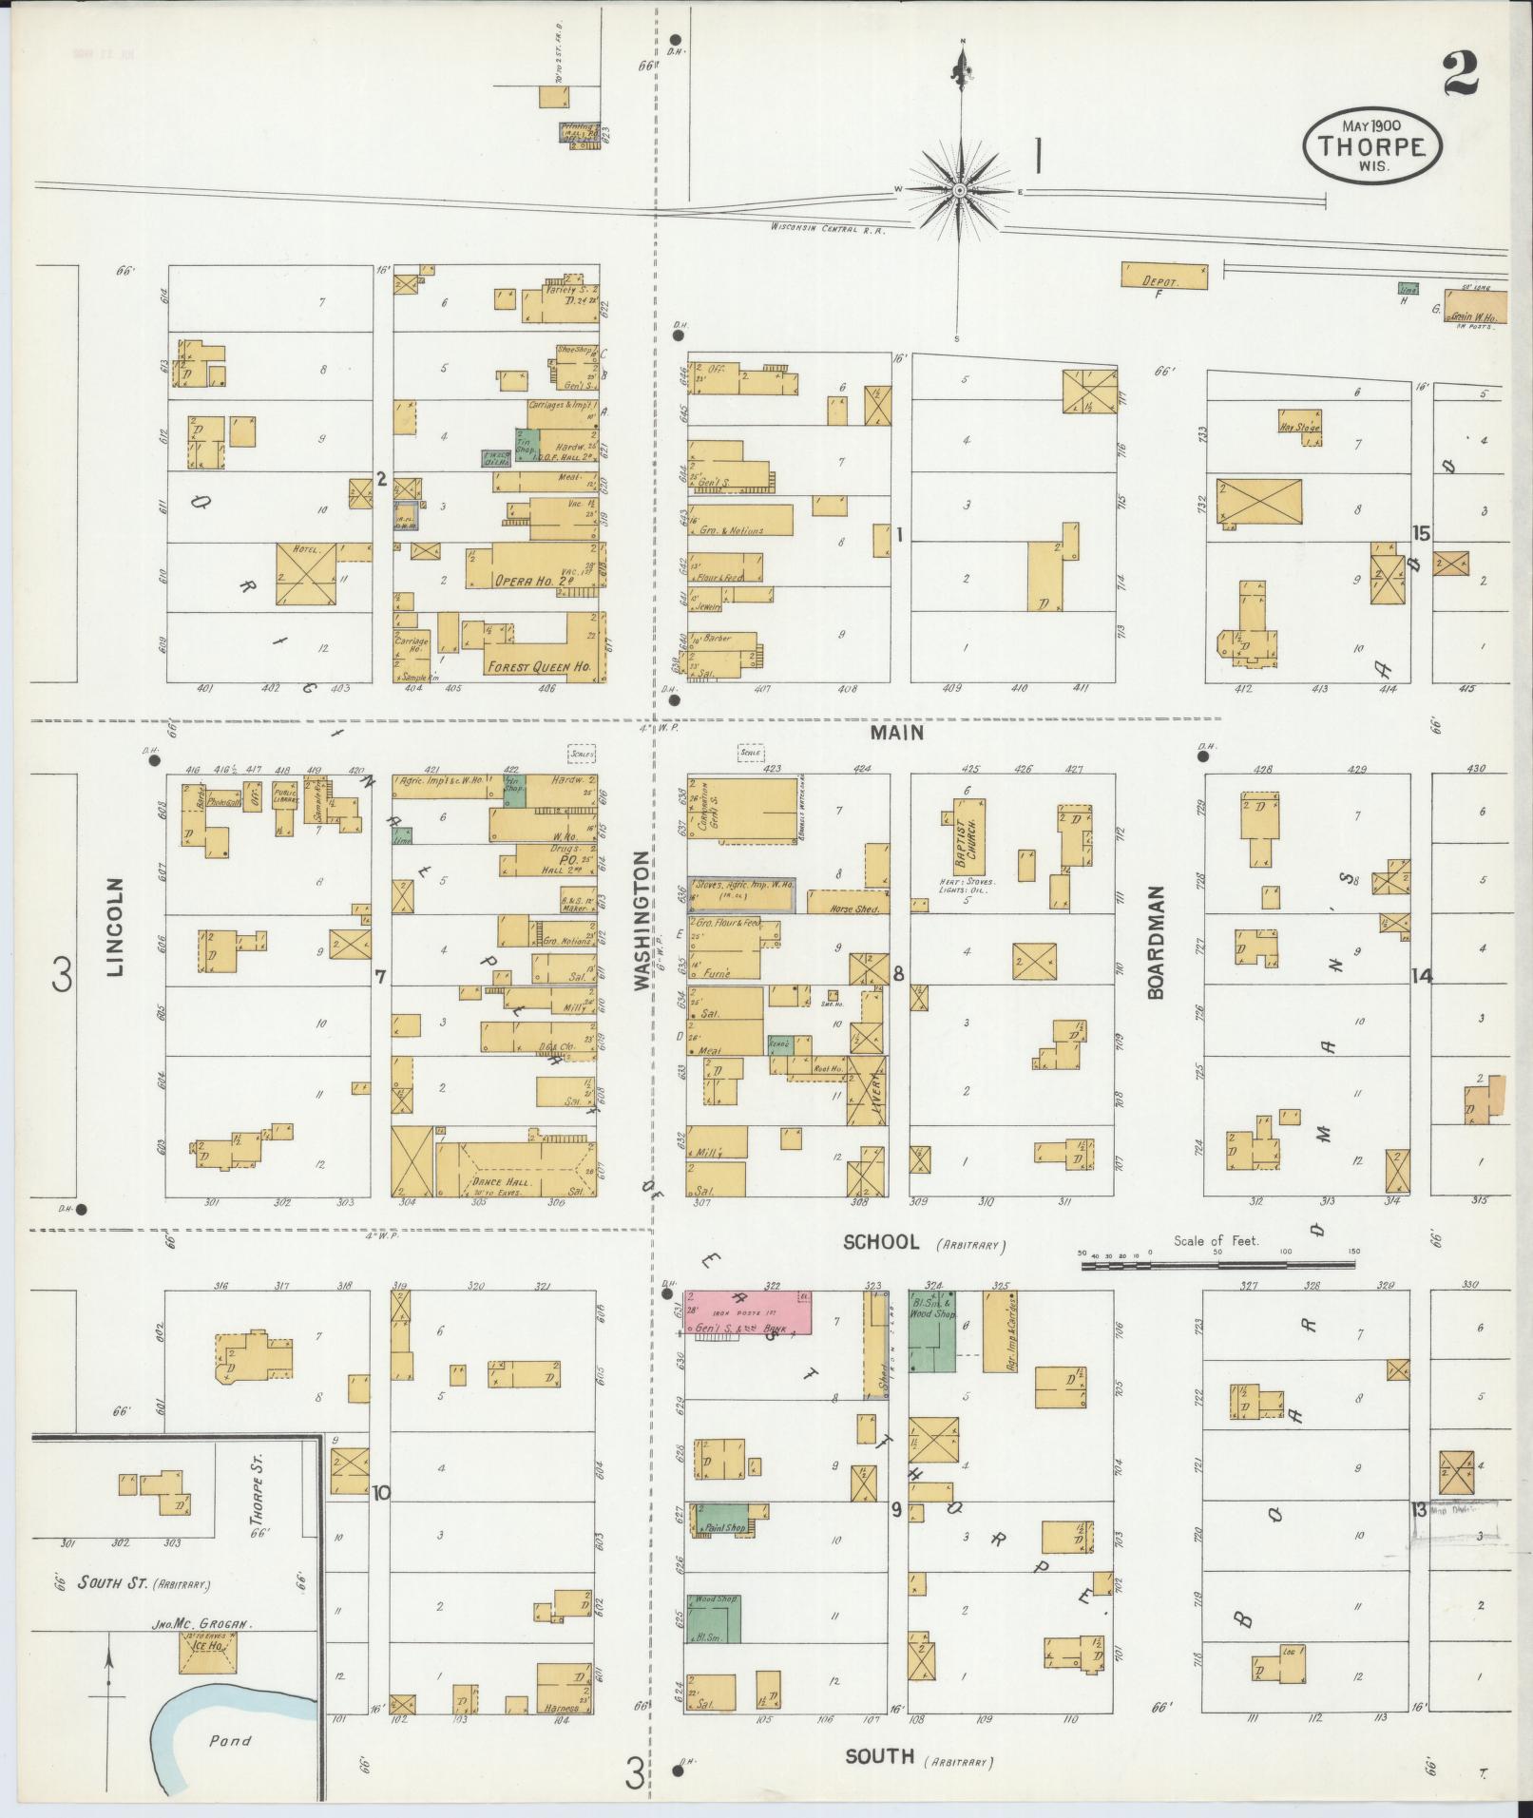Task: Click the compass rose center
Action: click(960, 191)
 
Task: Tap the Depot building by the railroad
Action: click(1164, 276)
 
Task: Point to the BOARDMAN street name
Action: click(1156, 943)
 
